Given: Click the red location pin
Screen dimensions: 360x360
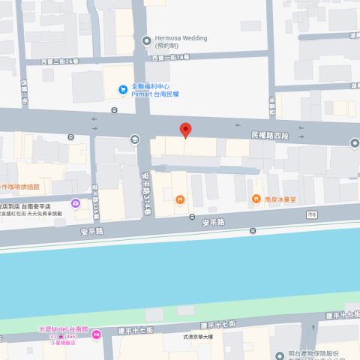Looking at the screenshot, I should [x=185, y=130].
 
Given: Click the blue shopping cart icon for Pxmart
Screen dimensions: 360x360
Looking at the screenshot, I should [x=122, y=90].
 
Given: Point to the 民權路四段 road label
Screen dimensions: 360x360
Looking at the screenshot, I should [x=268, y=135].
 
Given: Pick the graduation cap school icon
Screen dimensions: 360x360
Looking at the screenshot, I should [x=134, y=139].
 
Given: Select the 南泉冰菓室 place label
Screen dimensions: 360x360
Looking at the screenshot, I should [x=281, y=199].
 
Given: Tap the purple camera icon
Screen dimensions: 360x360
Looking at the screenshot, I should [x=76, y=203].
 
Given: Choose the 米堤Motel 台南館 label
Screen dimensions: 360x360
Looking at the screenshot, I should [x=64, y=329].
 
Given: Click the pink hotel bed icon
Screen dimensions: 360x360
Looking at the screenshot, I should [x=96, y=333].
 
